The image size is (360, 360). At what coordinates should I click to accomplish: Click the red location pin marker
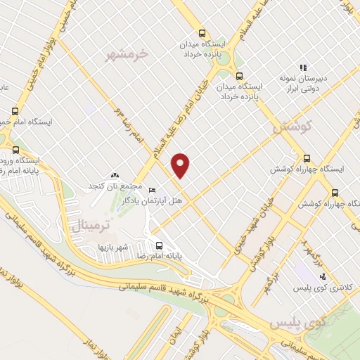[181, 165]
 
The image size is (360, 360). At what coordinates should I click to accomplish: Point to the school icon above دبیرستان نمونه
[303, 68]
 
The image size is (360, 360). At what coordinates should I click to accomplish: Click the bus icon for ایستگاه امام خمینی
[15, 110]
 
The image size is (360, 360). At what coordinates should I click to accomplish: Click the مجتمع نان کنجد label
[114, 186]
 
